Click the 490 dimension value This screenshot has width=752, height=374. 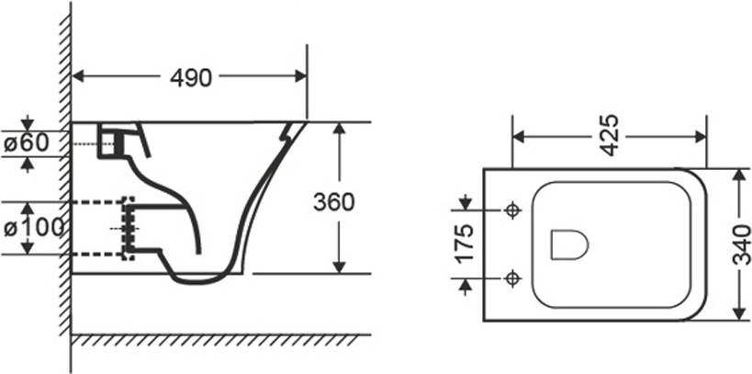[191, 77]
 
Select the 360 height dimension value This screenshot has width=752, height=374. [334, 202]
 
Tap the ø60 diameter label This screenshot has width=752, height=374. [27, 143]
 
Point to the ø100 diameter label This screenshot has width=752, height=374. [34, 228]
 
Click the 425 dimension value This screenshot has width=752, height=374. [609, 135]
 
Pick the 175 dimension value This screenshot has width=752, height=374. [465, 243]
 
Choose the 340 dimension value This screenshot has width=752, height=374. [742, 244]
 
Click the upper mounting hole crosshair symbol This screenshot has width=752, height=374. [513, 210]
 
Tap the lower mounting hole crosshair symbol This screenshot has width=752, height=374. [513, 278]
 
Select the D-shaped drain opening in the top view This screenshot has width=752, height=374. [569, 244]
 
